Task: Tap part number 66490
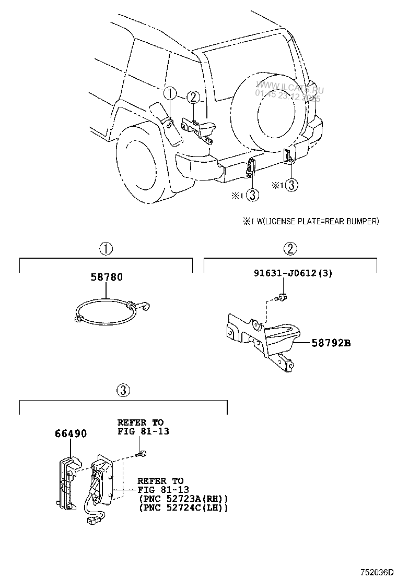click(71, 434)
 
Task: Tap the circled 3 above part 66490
click(123, 390)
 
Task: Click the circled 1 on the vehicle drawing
click(170, 94)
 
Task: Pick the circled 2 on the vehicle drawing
click(193, 97)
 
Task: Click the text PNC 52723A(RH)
click(183, 499)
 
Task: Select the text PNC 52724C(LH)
click(183, 507)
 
